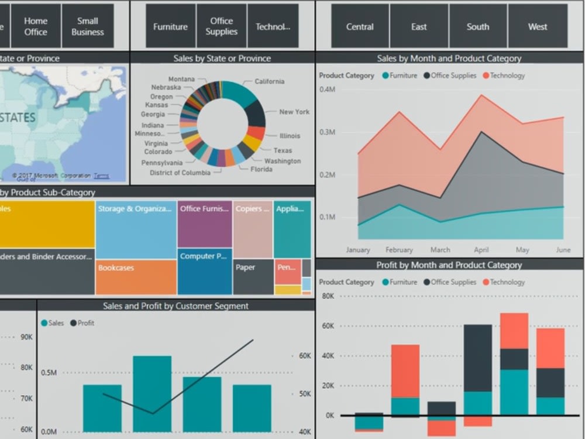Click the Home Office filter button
[x=36, y=26]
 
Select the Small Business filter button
[x=87, y=26]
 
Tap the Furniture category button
[x=170, y=26]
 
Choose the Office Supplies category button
[x=221, y=26]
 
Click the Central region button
[x=360, y=26]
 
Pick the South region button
[x=478, y=26]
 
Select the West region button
[x=538, y=26]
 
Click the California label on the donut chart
[x=269, y=81]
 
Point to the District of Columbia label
[x=180, y=173]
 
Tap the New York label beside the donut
[x=294, y=112]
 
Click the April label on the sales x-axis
[x=481, y=250]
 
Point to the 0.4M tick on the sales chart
[x=327, y=89]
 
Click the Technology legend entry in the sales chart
[x=507, y=76]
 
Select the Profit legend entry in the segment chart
[x=85, y=323]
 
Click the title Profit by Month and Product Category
[x=449, y=265]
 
